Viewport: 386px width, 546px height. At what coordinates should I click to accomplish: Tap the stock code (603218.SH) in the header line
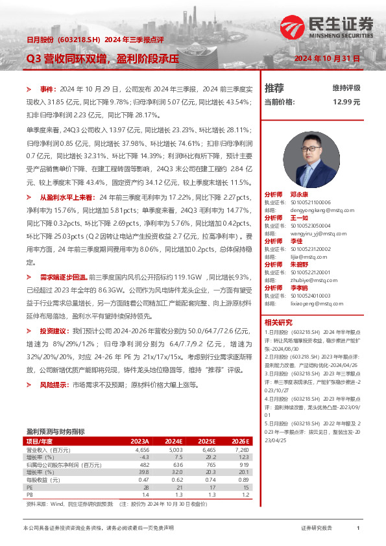(78, 40)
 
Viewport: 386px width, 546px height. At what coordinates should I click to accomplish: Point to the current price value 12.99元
(346, 102)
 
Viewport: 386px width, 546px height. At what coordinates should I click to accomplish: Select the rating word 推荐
(274, 88)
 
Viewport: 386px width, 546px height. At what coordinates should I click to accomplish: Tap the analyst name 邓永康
(299, 194)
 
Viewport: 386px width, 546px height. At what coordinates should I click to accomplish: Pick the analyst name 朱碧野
(299, 265)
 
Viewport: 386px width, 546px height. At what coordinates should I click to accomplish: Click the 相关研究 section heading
(278, 323)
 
